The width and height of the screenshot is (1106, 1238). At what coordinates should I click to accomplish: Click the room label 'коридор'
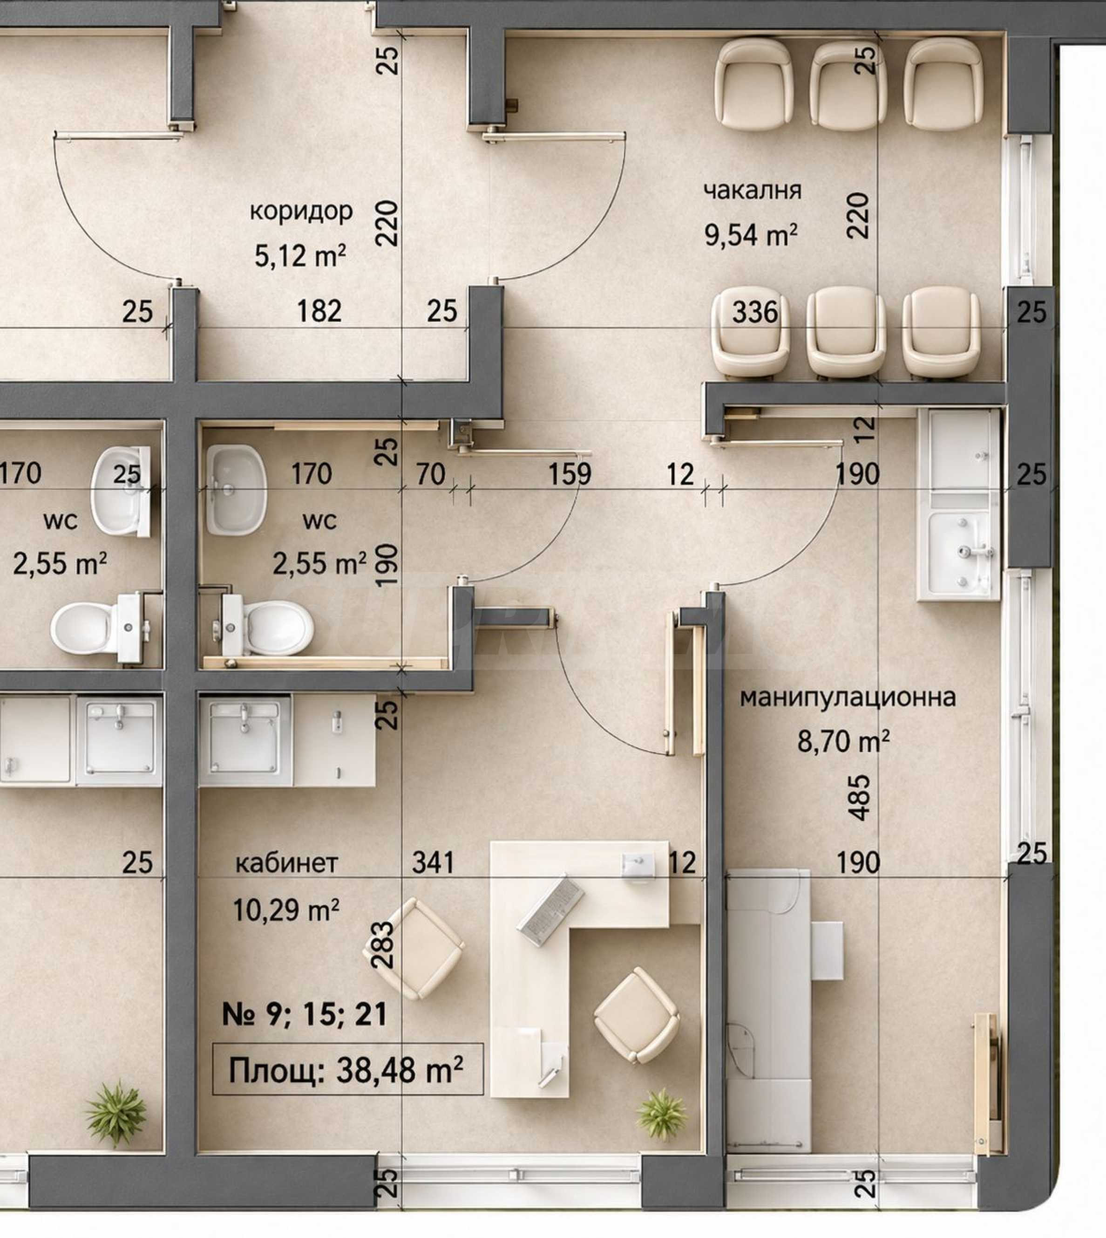pyautogui.click(x=301, y=212)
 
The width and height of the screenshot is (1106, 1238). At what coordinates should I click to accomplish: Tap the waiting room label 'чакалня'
pyautogui.click(x=753, y=190)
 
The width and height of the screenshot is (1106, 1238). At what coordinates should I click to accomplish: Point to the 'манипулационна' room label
pyautogui.click(x=848, y=698)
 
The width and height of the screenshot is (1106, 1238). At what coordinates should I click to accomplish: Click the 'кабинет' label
pyautogui.click(x=286, y=863)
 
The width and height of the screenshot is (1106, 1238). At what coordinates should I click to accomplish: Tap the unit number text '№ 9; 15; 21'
pyautogui.click(x=305, y=1015)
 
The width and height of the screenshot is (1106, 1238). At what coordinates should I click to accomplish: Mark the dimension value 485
pyautogui.click(x=861, y=798)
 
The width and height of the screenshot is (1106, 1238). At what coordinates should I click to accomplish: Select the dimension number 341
pyautogui.click(x=433, y=863)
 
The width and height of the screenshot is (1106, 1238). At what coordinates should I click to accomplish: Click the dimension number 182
pyautogui.click(x=319, y=311)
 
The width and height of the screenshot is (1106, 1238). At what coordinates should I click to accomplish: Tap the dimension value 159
pyautogui.click(x=570, y=474)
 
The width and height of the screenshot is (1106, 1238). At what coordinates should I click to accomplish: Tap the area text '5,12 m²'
pyautogui.click(x=300, y=255)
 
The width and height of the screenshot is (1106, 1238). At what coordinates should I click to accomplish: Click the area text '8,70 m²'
pyautogui.click(x=843, y=742)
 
